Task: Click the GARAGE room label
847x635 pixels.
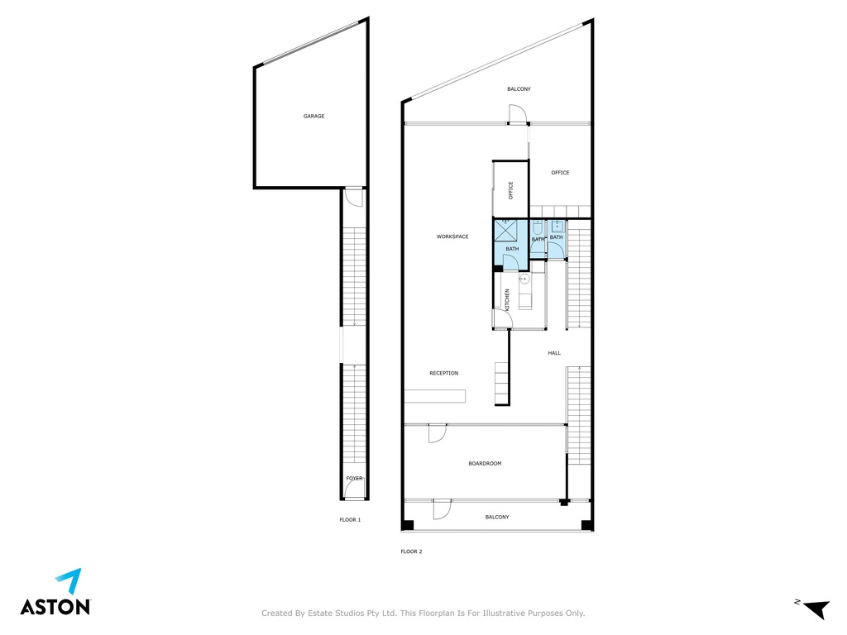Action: click(313, 116)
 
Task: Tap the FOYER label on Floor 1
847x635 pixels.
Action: click(354, 479)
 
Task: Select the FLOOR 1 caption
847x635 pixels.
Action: click(350, 520)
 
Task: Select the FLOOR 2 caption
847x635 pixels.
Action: click(411, 551)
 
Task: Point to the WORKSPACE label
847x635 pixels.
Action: click(452, 236)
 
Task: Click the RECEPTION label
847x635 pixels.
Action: click(444, 373)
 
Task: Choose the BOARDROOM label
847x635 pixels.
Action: click(485, 463)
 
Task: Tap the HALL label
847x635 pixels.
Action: click(554, 353)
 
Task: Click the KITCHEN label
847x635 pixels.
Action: click(507, 299)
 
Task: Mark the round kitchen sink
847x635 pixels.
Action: click(524, 279)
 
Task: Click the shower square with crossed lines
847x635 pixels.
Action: click(506, 231)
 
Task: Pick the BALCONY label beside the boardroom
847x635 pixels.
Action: click(497, 518)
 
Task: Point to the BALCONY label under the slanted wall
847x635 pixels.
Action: click(519, 89)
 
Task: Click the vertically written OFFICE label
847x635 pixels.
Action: click(511, 190)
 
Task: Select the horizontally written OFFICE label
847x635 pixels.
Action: click(560, 173)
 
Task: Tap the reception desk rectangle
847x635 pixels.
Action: click(435, 396)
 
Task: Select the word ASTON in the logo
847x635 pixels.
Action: click(55, 606)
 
